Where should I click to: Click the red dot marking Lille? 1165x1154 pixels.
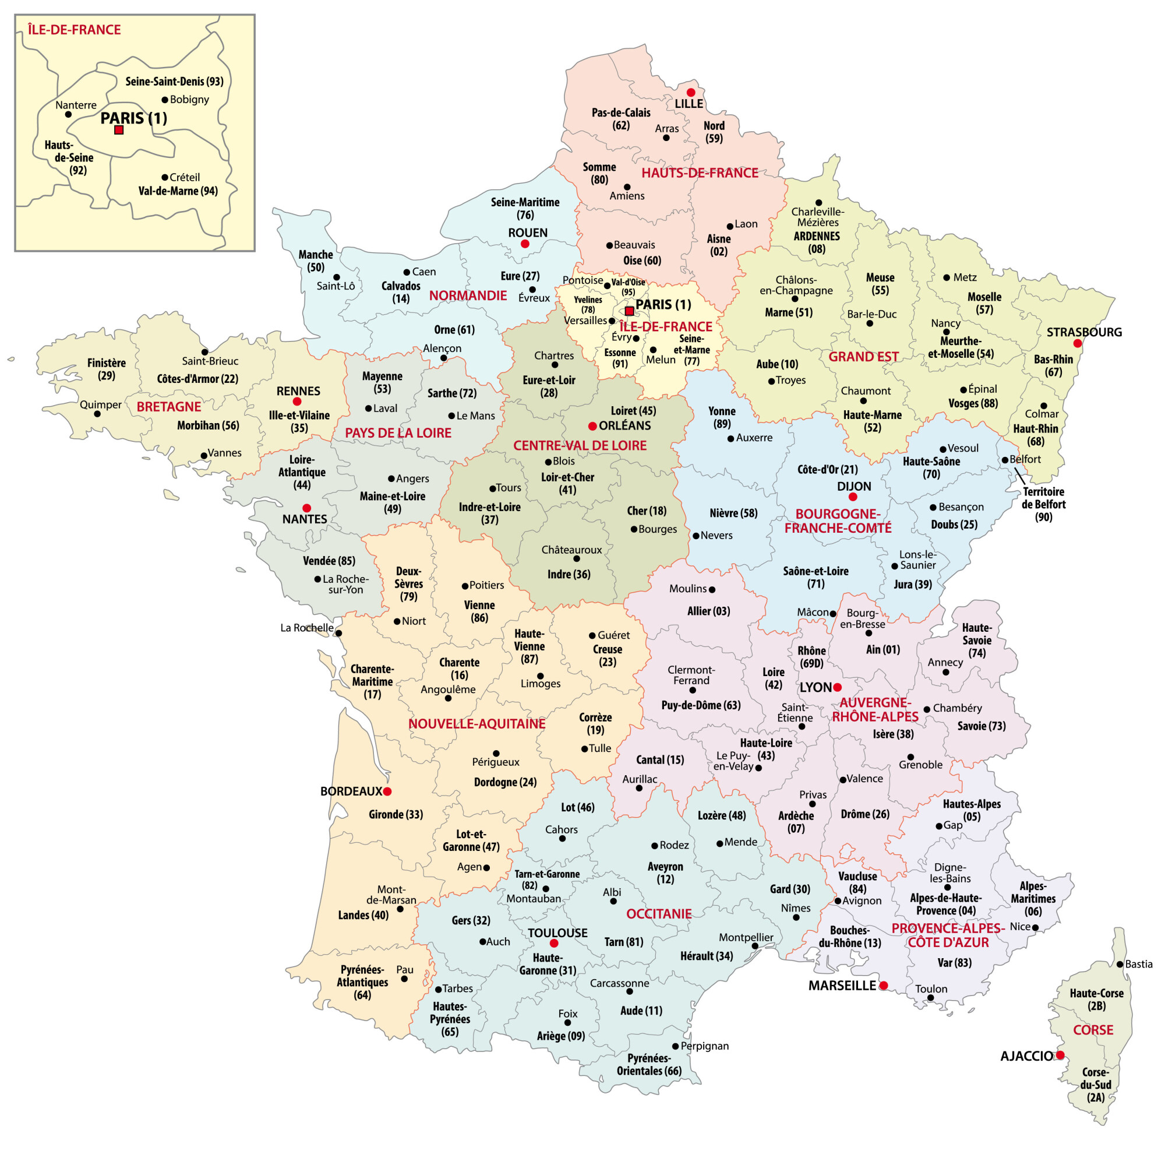691,92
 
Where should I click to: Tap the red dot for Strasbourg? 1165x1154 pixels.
1078,343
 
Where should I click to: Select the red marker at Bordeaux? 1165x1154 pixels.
387,791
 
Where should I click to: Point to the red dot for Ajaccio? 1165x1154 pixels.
1060,1055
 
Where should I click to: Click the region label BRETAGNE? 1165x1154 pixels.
169,407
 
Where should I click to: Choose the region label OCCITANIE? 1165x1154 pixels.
659,913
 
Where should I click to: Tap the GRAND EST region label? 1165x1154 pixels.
863,357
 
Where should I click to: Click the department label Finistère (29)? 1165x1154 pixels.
106,369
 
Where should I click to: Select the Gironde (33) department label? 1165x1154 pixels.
396,814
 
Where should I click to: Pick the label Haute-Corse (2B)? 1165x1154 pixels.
1096,999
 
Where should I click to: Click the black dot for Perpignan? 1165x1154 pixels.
675,1046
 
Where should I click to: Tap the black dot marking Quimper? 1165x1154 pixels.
97,414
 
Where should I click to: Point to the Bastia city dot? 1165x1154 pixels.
1119,964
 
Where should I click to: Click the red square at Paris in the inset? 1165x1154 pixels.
119,130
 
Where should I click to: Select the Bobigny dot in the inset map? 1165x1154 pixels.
165,100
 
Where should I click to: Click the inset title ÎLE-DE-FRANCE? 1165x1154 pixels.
74,30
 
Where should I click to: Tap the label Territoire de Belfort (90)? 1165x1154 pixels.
1044,504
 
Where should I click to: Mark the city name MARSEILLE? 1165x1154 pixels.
842,985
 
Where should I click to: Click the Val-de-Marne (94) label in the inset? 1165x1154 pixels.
178,191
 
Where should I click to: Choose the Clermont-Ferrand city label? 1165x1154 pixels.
691,675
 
